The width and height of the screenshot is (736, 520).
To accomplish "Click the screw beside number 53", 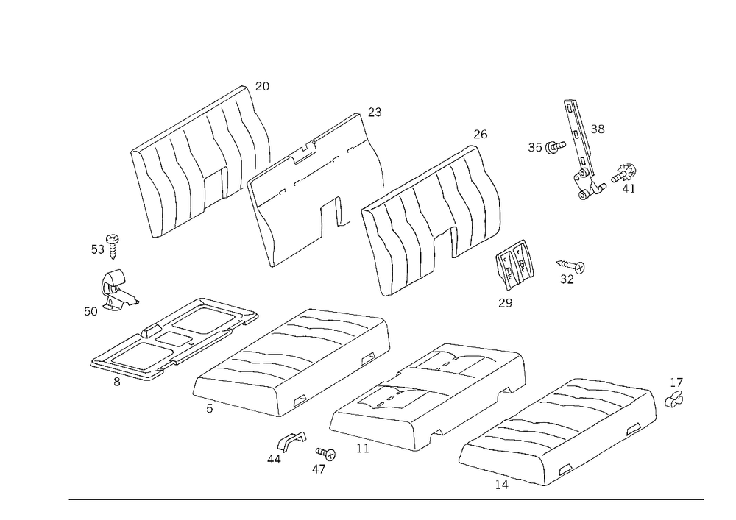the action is click(x=113, y=246).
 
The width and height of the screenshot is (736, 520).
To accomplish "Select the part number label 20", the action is click(x=263, y=86).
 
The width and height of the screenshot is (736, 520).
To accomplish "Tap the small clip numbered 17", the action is click(x=674, y=399).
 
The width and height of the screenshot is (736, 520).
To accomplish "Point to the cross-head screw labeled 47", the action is click(x=326, y=454).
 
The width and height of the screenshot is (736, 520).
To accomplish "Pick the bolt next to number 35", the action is click(x=555, y=147).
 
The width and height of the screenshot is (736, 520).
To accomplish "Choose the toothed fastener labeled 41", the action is click(x=624, y=174).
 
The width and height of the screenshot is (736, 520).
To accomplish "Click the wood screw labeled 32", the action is click(x=571, y=266).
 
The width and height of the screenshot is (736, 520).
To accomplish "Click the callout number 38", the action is click(x=598, y=129).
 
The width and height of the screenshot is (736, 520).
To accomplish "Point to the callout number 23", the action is click(x=375, y=112).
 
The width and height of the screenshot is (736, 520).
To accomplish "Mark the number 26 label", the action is click(x=480, y=134).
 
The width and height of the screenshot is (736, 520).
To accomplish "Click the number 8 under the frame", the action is click(x=117, y=382).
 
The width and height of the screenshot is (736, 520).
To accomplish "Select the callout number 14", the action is click(x=501, y=485).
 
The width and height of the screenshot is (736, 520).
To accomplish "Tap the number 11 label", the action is click(x=363, y=448).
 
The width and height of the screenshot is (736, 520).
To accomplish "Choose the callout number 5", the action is click(x=209, y=408).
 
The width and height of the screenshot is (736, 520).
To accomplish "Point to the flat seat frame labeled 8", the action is click(x=174, y=338).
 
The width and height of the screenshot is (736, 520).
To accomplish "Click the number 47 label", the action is click(x=319, y=469).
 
